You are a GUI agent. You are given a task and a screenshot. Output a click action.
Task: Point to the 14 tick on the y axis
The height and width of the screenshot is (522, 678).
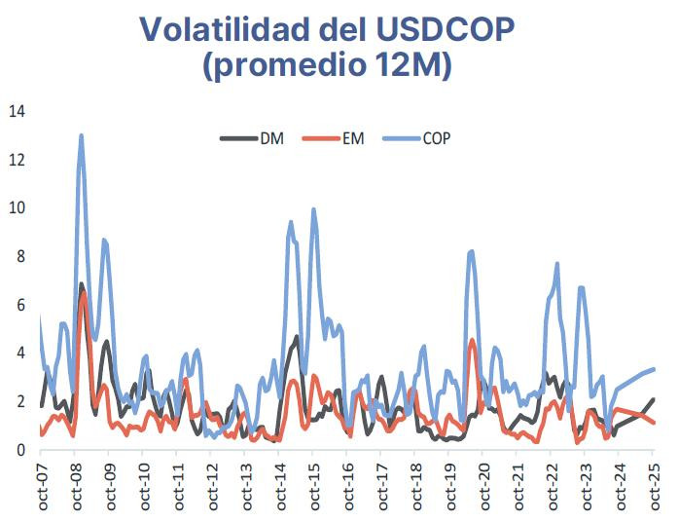[16, 111]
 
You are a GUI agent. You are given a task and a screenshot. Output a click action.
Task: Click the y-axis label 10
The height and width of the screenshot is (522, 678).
[16, 208]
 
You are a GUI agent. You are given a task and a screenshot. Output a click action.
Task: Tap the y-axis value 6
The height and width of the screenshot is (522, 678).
[19, 305]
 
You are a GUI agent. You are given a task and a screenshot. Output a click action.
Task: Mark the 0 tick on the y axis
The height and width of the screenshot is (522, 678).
[19, 450]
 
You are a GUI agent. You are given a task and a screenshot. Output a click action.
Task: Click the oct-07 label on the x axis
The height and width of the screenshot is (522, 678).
[41, 487]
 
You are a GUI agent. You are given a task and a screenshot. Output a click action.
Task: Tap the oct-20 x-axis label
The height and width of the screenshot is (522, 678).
[483, 487]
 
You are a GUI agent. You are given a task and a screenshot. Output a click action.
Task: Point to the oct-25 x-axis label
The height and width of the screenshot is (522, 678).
[654, 487]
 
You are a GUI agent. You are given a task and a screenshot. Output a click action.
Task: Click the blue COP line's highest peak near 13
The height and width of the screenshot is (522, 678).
[81, 136]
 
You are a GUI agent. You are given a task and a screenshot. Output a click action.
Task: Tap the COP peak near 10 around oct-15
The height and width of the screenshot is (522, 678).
[313, 209]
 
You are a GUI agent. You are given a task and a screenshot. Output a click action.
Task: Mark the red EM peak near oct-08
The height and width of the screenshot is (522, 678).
[84, 292]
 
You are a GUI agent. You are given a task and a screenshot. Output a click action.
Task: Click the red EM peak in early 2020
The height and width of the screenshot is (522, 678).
[472, 340]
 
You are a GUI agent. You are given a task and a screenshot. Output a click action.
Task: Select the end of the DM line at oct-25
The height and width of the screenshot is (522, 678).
[653, 399]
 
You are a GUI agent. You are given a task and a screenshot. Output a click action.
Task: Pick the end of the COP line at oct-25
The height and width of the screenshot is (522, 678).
[653, 369]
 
